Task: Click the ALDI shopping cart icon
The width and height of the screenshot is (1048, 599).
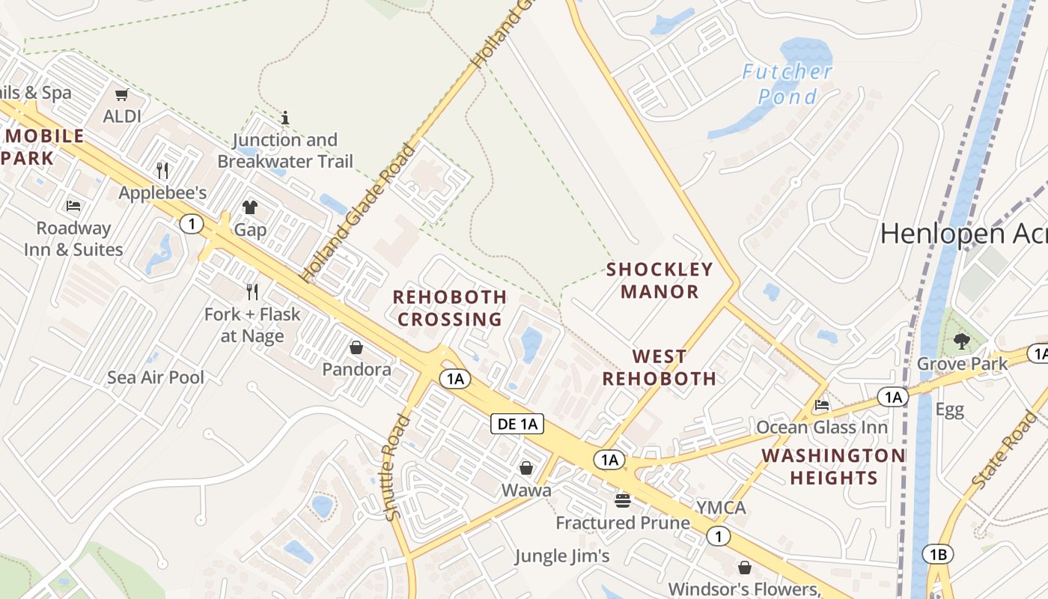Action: click(121, 95)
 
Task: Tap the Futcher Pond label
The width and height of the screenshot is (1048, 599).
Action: click(787, 84)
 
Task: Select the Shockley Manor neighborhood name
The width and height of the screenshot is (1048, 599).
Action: click(659, 280)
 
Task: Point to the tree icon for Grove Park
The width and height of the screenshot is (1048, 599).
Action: click(962, 342)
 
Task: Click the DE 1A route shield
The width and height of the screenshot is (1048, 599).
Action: click(517, 424)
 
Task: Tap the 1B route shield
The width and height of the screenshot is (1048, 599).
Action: click(938, 555)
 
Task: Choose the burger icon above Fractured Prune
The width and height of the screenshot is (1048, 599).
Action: click(623, 500)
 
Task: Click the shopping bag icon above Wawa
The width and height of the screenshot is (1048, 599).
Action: click(526, 469)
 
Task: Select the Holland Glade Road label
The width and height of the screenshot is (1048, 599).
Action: click(359, 213)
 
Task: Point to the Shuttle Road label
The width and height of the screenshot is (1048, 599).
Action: click(397, 467)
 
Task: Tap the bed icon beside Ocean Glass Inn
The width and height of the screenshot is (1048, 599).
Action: click(822, 406)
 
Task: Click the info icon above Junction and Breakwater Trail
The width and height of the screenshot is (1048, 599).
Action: click(284, 118)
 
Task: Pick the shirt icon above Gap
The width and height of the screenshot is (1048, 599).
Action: click(250, 207)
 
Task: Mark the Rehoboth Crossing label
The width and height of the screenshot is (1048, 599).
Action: click(450, 308)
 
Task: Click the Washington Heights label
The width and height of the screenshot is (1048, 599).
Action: click(833, 466)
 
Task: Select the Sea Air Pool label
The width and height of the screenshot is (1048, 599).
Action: click(156, 377)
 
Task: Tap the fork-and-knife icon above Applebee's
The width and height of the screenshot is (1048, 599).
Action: click(162, 171)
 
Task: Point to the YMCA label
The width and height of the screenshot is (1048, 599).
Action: click(721, 508)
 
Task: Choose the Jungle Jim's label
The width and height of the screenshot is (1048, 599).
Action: click(562, 556)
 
